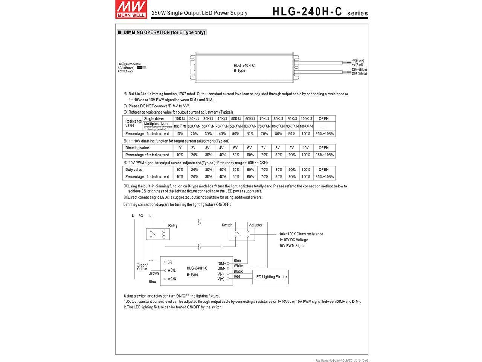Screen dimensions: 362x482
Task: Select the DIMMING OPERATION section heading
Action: click(162, 32)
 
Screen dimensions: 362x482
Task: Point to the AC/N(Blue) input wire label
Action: click(125, 71)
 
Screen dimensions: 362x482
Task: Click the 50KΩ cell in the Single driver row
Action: click(236, 119)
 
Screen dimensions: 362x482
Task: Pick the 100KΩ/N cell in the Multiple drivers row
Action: click(306, 126)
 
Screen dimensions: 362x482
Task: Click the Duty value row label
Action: click(134, 170)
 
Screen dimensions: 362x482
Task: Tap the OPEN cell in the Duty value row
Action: click(323, 170)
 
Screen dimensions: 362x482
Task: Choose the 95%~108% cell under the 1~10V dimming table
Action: click(323, 155)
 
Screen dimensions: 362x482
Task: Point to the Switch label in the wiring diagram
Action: click(227, 225)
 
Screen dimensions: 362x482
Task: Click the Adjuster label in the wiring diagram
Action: click(256, 225)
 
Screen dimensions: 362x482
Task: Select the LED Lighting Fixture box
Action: click(270, 277)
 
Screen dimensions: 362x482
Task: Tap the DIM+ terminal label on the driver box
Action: click(221, 264)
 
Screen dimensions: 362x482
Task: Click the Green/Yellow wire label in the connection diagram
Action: click(142, 267)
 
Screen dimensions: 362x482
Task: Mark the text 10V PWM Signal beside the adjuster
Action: click(292, 246)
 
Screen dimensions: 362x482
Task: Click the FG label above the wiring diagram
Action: click(141, 216)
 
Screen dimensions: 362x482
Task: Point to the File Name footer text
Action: click(342, 360)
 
